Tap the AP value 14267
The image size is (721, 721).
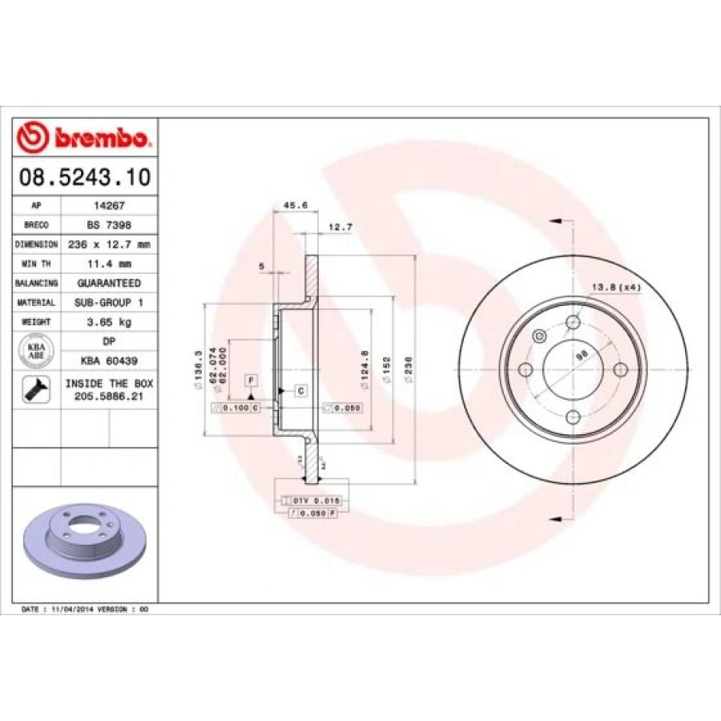tap(109, 206)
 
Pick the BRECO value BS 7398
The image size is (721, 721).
tap(109, 225)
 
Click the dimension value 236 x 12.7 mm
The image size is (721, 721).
tap(109, 244)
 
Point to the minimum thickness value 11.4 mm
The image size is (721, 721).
tap(109, 264)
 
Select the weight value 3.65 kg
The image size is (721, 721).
tap(109, 322)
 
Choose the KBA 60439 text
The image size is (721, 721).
tap(109, 361)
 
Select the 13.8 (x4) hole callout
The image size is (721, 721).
tap(616, 287)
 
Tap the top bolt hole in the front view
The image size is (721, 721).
tap(572, 322)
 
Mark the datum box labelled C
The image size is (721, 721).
tap(300, 391)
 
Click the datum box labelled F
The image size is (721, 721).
tap(251, 380)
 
